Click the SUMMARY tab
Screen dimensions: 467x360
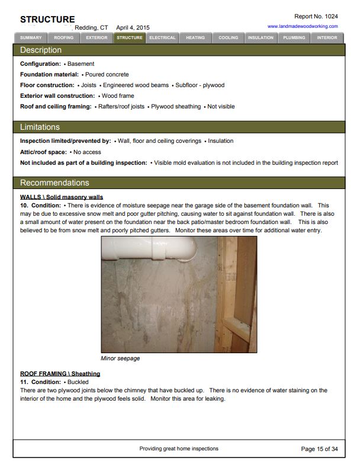tap(31, 38)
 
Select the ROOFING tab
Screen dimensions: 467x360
tap(63, 38)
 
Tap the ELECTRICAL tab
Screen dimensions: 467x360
tap(162, 38)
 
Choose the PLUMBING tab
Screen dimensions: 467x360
tap(294, 38)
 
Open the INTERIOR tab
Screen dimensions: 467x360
tap(327, 38)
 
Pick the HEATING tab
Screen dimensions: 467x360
tap(195, 38)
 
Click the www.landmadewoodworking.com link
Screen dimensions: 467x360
tap(303, 26)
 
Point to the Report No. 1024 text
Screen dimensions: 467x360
tap(316, 16)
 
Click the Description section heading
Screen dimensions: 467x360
tap(41, 50)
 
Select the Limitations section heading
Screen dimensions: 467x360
tap(40, 127)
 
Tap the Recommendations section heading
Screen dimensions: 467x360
tap(54, 183)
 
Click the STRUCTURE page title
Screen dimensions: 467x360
tap(47, 20)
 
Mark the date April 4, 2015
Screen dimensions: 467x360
tap(133, 27)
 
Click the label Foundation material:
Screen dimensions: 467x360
tap(49, 75)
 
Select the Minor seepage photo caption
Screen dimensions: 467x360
tap(120, 359)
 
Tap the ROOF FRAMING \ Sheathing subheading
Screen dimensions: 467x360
tap(60, 373)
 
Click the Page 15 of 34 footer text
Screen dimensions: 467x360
tap(319, 449)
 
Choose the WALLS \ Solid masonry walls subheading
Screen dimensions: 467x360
tap(62, 196)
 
